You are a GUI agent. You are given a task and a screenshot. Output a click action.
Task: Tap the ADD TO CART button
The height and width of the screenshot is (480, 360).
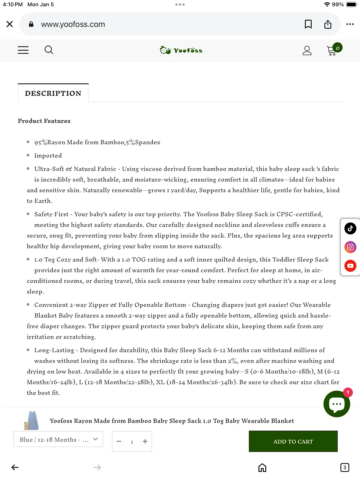[x=293, y=441]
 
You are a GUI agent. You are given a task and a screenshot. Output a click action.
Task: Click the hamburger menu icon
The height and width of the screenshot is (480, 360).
[x=23, y=50]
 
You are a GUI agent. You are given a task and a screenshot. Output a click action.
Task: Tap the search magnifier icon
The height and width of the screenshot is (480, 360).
[x=49, y=50]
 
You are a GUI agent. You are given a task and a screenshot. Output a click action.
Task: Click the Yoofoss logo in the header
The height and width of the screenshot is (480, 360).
[x=181, y=50]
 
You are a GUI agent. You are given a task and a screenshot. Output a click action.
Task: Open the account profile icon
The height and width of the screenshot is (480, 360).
[x=307, y=50]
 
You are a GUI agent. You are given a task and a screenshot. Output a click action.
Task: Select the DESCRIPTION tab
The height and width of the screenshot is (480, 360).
[x=53, y=93]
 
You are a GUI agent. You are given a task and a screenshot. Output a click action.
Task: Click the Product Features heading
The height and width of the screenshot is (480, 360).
[x=44, y=121]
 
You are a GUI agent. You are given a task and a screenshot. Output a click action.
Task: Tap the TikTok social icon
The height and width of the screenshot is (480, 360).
[x=350, y=228]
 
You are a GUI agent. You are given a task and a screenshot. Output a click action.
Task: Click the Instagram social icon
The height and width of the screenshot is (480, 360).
[x=350, y=247]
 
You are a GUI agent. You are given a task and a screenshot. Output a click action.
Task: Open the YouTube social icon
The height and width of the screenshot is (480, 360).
[x=350, y=266]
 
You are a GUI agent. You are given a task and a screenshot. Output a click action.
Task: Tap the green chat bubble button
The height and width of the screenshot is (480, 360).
[x=337, y=404]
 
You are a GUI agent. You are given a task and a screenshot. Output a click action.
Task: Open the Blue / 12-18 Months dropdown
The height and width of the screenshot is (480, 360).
[x=58, y=439]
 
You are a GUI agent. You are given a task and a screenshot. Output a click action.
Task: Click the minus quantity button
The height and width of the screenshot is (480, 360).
[x=119, y=441]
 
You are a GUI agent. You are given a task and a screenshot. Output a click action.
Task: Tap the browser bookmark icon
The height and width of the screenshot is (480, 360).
[x=308, y=24]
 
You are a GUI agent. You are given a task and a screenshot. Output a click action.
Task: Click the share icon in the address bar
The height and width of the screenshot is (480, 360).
[x=328, y=24]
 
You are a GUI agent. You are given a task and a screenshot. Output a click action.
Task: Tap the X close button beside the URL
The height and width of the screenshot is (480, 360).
[x=10, y=24]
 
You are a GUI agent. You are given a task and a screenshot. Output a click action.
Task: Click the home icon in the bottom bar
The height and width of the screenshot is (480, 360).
[x=262, y=468]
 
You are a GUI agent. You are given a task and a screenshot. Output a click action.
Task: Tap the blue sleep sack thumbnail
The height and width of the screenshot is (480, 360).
[x=32, y=420]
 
